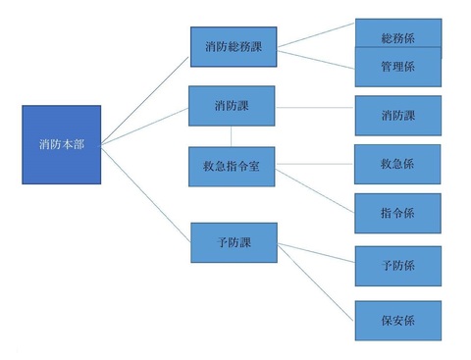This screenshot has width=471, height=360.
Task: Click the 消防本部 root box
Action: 62,144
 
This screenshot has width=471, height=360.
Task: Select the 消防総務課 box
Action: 234,46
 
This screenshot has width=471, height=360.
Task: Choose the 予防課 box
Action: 234,241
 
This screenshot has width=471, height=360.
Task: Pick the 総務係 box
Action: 397,37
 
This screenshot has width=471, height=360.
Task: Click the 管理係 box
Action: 397,68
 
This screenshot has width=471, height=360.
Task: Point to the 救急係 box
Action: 397,164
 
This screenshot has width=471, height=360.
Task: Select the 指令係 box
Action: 397,212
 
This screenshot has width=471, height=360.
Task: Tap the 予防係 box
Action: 397,265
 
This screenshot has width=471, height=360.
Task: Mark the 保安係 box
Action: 397,319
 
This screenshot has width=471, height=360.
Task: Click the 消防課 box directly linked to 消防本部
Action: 234,105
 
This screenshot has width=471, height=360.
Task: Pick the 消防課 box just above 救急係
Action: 397,115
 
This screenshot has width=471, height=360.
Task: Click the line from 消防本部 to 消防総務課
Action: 147,96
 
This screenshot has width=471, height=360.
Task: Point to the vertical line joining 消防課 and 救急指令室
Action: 233,135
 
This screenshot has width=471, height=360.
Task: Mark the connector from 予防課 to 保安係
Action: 315,282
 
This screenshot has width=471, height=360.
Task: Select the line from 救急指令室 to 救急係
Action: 315,166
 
